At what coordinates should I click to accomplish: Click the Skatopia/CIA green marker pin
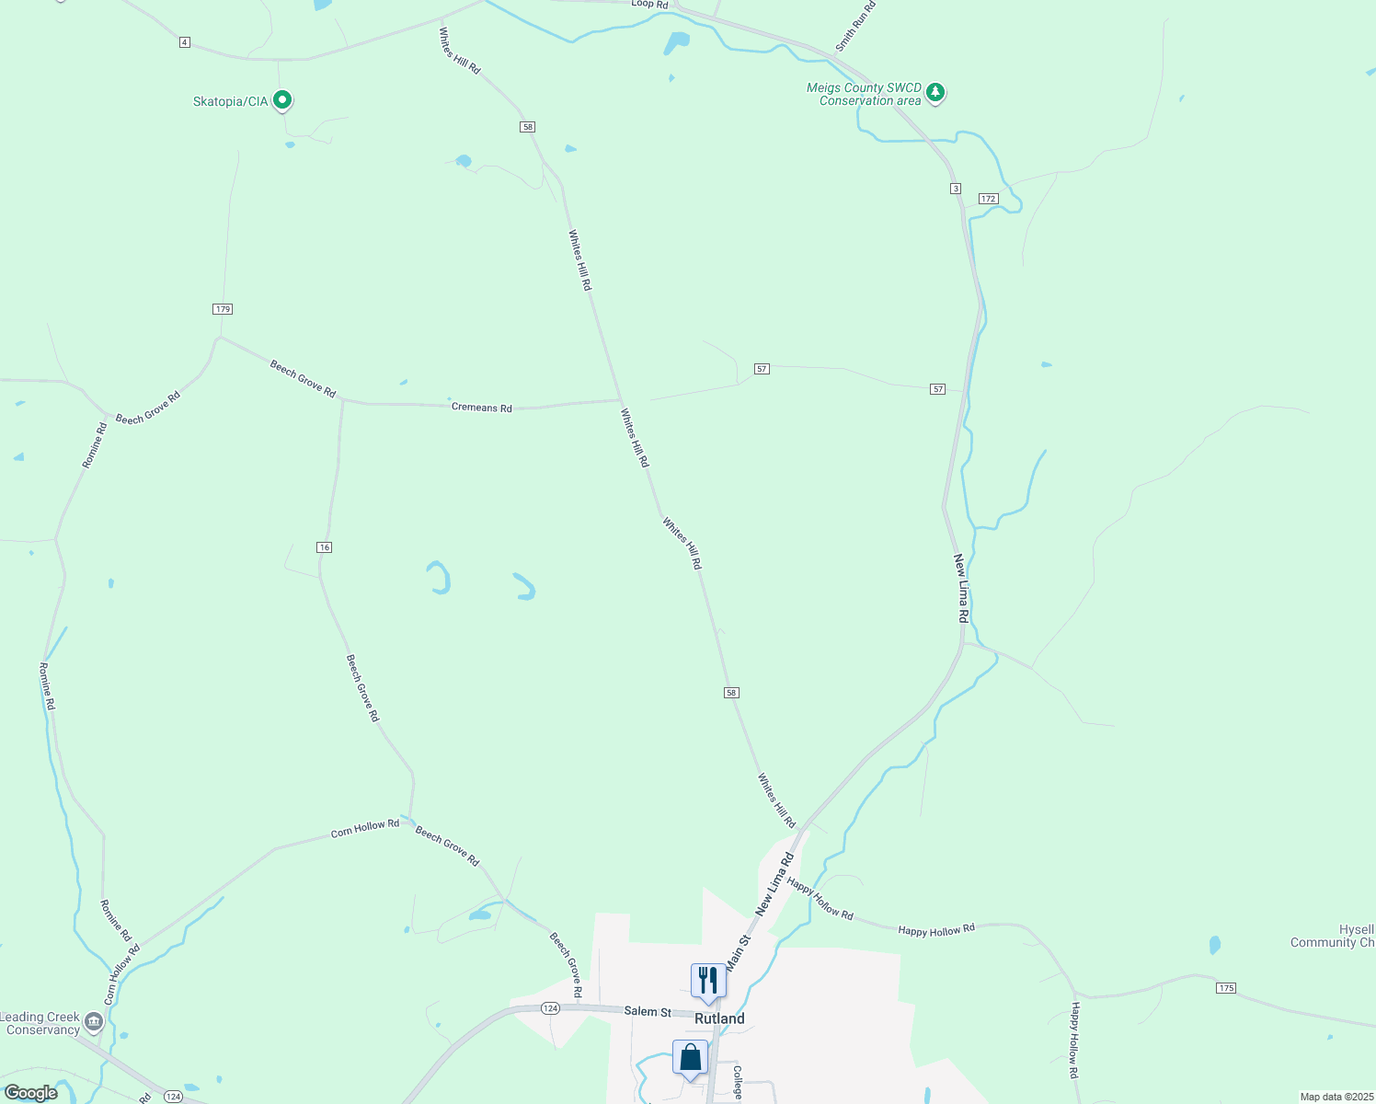point(282,99)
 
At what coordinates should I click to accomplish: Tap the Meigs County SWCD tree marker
point(935,92)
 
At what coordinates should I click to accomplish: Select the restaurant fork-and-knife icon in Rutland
point(707,981)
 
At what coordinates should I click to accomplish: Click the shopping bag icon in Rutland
point(690,1058)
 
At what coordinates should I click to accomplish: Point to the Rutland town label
point(719,1018)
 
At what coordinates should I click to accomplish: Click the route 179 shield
point(223,309)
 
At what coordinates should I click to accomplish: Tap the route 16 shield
point(324,547)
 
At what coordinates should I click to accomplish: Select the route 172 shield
point(988,199)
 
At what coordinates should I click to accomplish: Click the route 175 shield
point(1225,988)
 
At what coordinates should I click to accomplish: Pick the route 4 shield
point(185,42)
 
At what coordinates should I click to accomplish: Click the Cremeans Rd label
point(482,407)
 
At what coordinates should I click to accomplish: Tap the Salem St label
point(648,1011)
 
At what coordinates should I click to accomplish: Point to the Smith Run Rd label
point(855,27)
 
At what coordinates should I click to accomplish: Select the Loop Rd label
point(649,5)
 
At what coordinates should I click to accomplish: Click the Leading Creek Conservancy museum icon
point(93,1021)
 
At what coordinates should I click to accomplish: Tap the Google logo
point(31,1093)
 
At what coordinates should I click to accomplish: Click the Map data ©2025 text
point(1336,1097)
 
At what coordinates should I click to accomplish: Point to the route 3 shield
point(956,189)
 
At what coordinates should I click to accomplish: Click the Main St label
point(738,952)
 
